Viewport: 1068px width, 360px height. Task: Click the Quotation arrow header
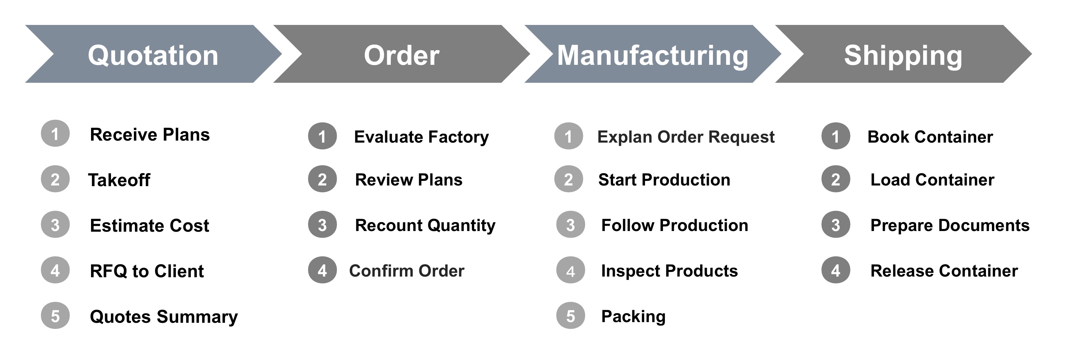(154, 54)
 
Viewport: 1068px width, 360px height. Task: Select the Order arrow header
(401, 54)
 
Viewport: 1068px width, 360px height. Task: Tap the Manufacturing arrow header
(653, 54)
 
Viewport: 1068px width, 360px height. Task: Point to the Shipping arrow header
(904, 54)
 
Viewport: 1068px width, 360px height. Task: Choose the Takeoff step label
(119, 180)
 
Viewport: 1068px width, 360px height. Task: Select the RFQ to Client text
(147, 271)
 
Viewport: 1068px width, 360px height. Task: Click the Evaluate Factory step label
(421, 137)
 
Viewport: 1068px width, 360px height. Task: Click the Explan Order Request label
(686, 137)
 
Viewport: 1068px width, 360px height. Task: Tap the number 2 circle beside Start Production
(569, 179)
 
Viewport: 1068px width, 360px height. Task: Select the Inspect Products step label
(670, 271)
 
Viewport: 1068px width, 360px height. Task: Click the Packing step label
(633, 316)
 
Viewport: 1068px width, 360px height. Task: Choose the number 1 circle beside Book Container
(835, 136)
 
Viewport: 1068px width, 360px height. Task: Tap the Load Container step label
(932, 180)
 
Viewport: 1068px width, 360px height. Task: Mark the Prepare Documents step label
(950, 225)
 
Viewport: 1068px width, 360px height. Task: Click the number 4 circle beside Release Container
(835, 270)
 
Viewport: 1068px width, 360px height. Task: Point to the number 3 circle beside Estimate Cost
(55, 224)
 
